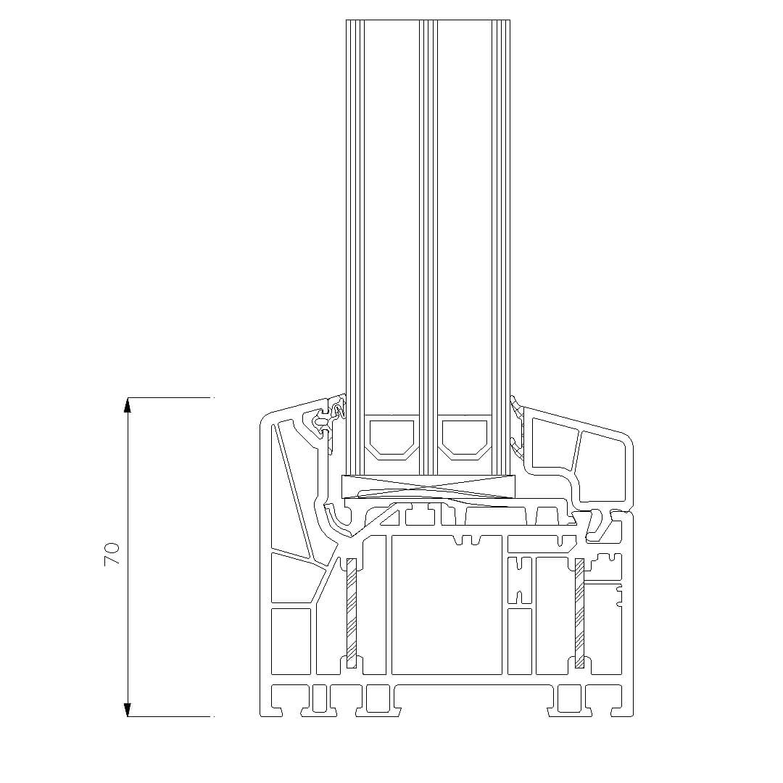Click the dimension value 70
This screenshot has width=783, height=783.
tap(112, 554)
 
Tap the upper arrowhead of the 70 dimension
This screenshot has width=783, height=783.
tap(128, 405)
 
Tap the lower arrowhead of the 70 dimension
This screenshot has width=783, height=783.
tap(128, 709)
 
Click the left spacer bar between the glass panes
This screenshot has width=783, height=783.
tap(392, 437)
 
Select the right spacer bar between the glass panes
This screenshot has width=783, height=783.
tap(465, 437)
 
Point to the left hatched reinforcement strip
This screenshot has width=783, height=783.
tap(352, 613)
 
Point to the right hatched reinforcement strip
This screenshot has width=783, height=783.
tap(580, 613)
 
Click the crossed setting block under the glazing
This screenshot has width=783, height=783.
tap(428, 486)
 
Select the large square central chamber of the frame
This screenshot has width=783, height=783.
tap(447, 605)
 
